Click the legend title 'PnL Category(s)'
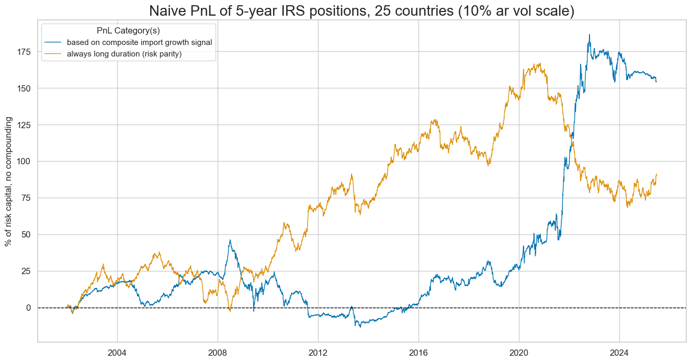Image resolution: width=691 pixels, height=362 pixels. (x=128, y=30)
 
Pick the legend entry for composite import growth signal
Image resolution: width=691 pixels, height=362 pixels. (x=139, y=42)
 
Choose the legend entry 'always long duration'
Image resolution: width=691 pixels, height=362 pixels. (x=124, y=54)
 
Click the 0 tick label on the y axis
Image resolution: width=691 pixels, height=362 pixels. (x=29, y=308)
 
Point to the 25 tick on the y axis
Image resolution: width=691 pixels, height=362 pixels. (x=26, y=271)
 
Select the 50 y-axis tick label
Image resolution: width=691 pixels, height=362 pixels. (x=26, y=234)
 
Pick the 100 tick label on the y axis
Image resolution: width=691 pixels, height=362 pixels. (x=24, y=161)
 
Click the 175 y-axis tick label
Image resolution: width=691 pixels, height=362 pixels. (x=24, y=52)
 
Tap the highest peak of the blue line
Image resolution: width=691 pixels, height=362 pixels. (x=590, y=35)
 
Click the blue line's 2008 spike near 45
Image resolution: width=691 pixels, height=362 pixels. (x=230, y=241)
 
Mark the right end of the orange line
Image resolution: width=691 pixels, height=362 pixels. (x=656, y=174)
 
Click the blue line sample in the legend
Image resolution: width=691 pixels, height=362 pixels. (x=53, y=42)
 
